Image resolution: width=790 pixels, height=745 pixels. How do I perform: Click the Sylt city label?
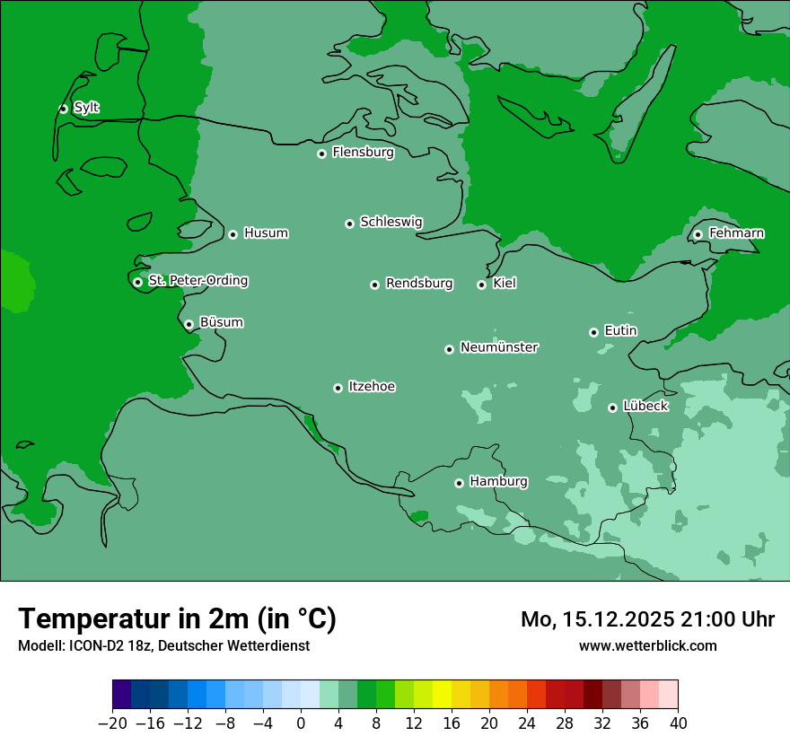(x=86, y=108)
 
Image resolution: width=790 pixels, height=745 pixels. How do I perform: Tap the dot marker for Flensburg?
(x=321, y=153)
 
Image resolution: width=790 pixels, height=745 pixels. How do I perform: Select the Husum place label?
(x=266, y=233)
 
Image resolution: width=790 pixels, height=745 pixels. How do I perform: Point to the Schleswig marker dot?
(x=349, y=223)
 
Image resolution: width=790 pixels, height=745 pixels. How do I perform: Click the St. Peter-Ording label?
(x=197, y=281)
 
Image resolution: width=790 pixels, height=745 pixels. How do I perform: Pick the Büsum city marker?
(x=189, y=324)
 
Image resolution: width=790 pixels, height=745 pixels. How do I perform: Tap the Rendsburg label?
(x=419, y=284)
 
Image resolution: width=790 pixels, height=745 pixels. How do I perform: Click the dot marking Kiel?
(x=481, y=285)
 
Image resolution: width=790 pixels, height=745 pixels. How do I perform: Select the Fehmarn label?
(x=736, y=233)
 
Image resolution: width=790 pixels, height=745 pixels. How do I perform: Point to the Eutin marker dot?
(x=593, y=332)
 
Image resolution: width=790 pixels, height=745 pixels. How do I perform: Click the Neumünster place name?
(x=499, y=347)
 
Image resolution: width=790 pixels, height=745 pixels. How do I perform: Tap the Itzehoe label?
(x=372, y=387)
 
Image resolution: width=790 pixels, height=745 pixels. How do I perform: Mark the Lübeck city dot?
(x=612, y=408)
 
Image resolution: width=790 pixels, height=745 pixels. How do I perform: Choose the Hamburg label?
(x=498, y=482)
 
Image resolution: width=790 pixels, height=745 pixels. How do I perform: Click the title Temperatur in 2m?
(x=177, y=618)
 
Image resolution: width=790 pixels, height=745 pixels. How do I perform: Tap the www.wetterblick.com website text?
(x=647, y=646)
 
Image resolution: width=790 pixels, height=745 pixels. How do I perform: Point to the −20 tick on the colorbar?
(x=112, y=723)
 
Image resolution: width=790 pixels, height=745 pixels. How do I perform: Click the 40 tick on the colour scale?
(x=678, y=723)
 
